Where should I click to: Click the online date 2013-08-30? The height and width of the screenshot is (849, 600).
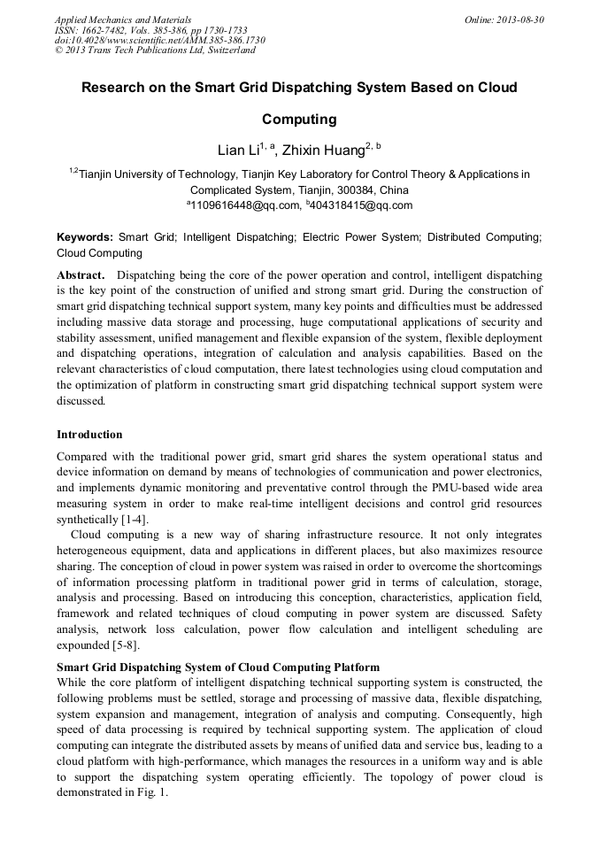(519, 19)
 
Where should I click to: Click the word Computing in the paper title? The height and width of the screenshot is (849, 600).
(299, 119)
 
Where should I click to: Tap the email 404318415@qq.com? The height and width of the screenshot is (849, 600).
(363, 205)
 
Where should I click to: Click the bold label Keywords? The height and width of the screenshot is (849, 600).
(85, 237)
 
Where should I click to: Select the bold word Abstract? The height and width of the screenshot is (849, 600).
(81, 275)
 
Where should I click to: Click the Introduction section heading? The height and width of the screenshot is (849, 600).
(89, 435)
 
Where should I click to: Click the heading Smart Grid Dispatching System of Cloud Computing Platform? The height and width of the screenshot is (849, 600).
(218, 667)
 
